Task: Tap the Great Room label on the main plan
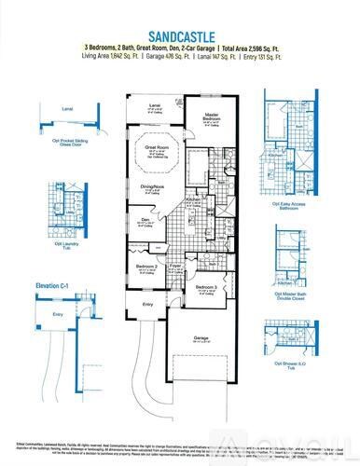click(x=155, y=146)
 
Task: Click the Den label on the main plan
click(x=145, y=220)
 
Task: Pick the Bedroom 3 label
click(x=207, y=286)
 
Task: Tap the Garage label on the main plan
click(x=201, y=336)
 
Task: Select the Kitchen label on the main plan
click(x=193, y=200)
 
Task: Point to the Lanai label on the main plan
click(x=154, y=105)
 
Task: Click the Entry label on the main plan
click(x=147, y=304)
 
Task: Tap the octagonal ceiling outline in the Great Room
click(x=155, y=153)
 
